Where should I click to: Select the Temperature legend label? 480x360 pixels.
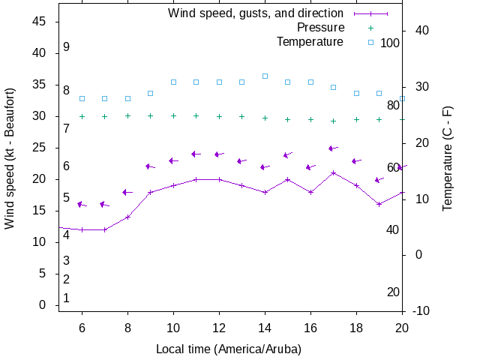click(x=310, y=42)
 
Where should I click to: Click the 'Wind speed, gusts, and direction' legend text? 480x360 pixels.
click(x=256, y=13)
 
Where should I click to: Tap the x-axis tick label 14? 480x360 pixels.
click(x=265, y=327)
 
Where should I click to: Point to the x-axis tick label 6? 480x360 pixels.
click(x=82, y=327)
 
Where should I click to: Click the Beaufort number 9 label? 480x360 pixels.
click(x=66, y=46)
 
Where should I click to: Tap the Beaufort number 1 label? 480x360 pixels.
click(x=66, y=298)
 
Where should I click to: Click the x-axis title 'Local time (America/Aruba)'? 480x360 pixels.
click(x=228, y=349)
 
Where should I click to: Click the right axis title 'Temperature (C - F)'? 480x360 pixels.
click(x=447, y=157)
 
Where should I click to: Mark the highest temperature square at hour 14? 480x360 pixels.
click(x=265, y=76)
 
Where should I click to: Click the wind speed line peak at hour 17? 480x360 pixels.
click(x=334, y=172)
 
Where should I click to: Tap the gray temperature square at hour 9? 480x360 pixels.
click(x=150, y=93)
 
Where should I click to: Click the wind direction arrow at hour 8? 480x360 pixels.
click(x=127, y=192)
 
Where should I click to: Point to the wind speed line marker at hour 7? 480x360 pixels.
click(x=105, y=229)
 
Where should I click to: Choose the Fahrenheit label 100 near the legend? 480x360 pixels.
click(x=390, y=43)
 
